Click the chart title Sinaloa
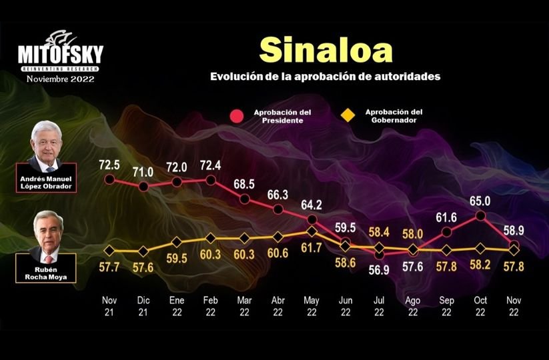click(325, 49)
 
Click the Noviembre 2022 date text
click(61, 79)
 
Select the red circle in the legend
click(235, 117)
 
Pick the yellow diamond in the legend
click(348, 117)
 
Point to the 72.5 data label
click(109, 163)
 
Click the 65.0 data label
click(480, 199)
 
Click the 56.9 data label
click(380, 269)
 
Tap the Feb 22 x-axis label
click(210, 307)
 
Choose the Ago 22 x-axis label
click(413, 307)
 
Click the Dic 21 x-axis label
click(143, 307)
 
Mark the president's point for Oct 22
click(480, 215)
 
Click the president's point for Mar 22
click(244, 199)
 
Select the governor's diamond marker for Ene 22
click(177, 242)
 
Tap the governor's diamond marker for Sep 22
click(446, 250)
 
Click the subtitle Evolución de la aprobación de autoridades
click(325, 77)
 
